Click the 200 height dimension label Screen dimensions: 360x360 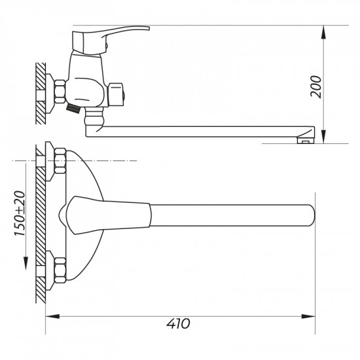315,86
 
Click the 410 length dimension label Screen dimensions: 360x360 178,324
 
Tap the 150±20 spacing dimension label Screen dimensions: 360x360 20,213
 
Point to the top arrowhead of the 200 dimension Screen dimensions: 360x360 323,32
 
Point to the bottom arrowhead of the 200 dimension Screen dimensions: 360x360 323,137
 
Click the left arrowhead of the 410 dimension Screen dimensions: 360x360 52,317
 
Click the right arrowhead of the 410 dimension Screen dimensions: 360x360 308,317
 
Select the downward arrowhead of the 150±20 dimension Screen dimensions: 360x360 26,264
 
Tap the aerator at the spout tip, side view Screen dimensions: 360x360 306,140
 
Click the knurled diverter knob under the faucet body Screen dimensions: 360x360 73,108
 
